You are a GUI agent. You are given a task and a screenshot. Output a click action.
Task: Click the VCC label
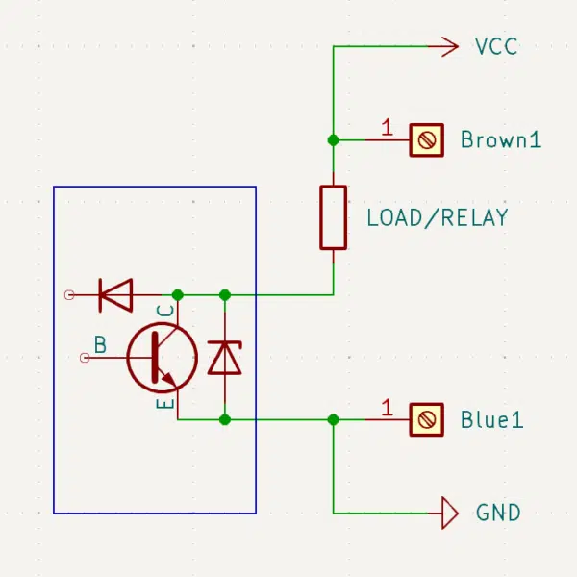[496, 46]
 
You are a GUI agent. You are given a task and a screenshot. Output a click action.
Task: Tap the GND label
[498, 513]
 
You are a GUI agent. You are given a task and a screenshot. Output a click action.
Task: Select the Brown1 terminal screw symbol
[426, 140]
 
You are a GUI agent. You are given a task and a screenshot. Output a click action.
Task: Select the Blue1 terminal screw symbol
[426, 420]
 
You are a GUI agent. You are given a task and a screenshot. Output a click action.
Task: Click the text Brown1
[501, 139]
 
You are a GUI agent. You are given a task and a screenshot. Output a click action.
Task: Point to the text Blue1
[492, 419]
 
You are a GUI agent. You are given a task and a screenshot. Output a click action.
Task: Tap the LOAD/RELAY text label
[438, 217]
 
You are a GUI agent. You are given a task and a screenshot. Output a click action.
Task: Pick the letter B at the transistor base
[100, 345]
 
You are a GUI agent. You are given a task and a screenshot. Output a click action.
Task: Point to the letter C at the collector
[165, 311]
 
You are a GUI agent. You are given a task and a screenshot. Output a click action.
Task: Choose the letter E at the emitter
[165, 403]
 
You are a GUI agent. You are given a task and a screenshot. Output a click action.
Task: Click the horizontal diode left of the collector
[115, 295]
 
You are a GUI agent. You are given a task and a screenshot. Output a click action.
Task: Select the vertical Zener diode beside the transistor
[225, 358]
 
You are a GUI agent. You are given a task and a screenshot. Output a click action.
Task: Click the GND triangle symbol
[450, 513]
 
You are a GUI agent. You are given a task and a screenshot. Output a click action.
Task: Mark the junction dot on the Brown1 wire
[334, 140]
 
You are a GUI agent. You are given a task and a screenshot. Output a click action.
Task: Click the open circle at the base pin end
[85, 358]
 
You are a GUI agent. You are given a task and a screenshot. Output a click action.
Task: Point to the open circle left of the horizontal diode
[69, 295]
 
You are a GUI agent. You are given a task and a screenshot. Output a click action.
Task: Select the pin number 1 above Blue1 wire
[387, 408]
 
